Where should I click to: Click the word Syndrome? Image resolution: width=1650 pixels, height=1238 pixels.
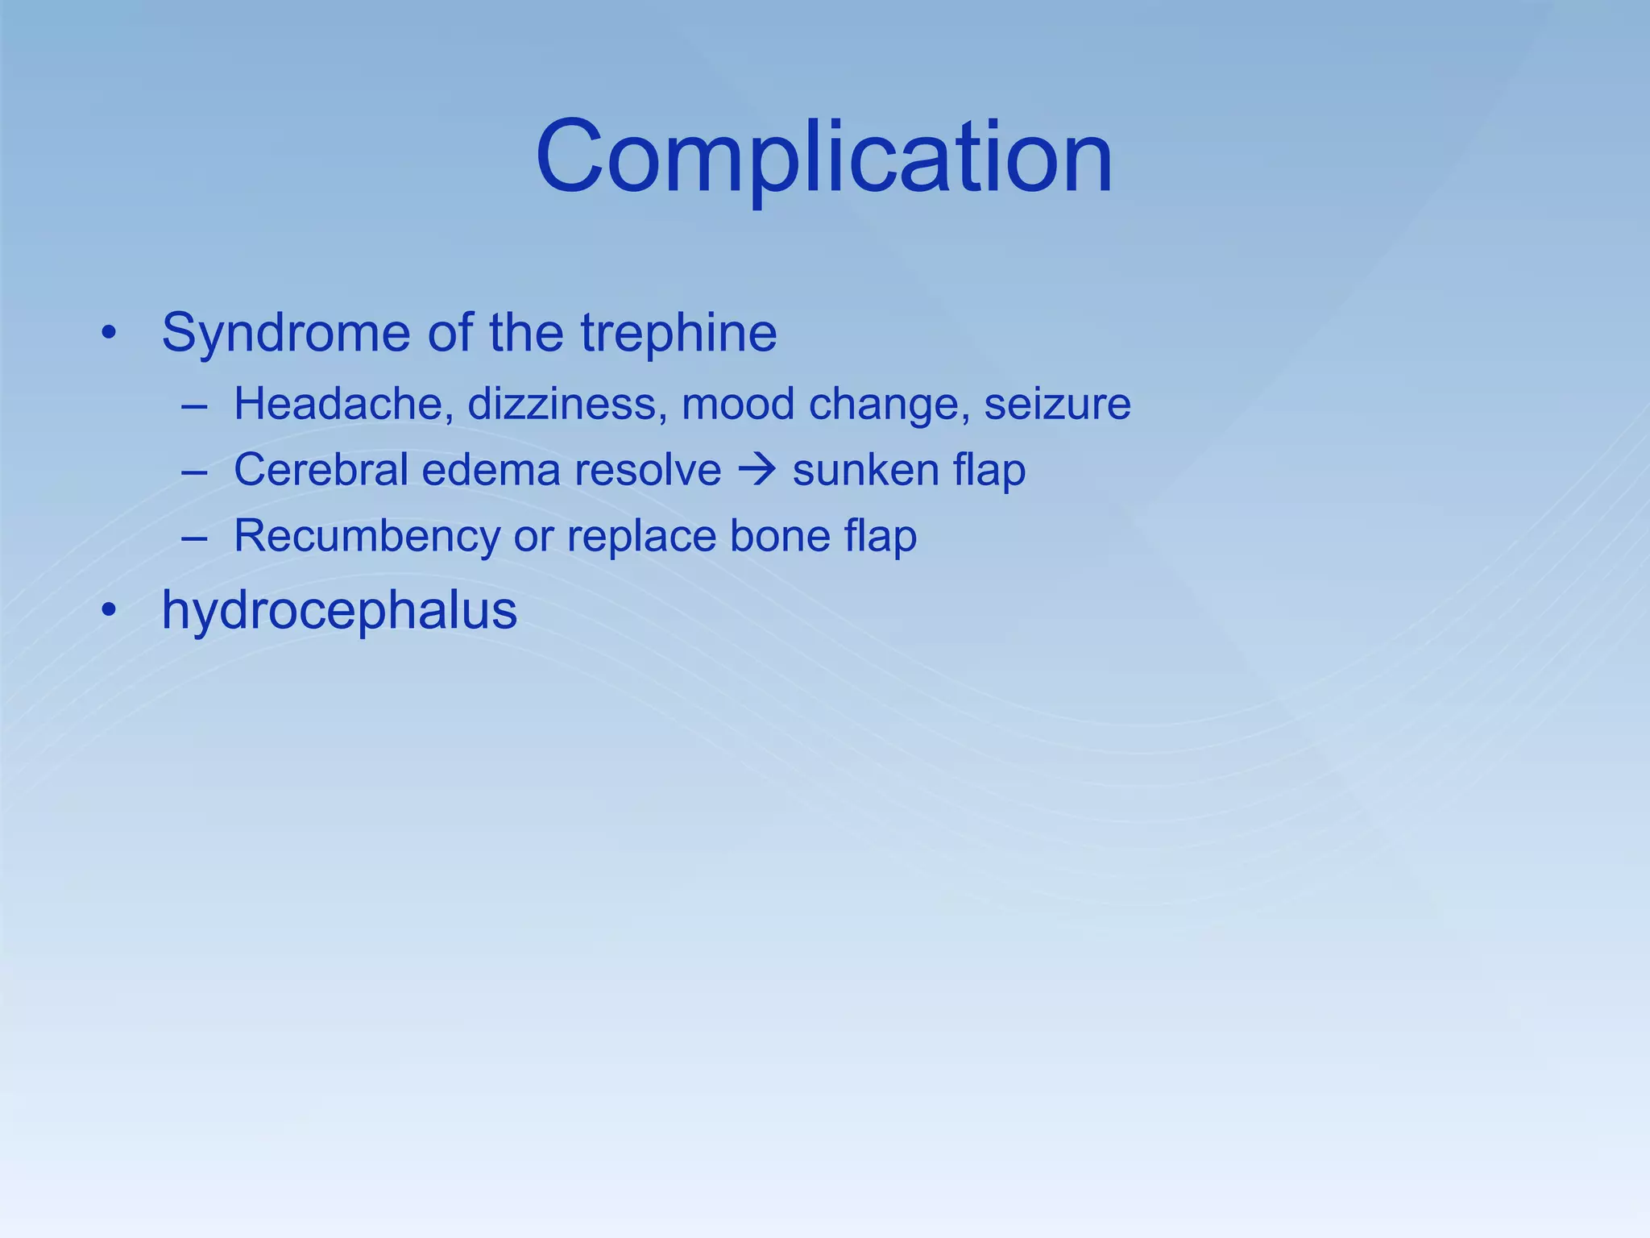(286, 333)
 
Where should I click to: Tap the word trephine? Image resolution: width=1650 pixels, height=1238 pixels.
(678, 333)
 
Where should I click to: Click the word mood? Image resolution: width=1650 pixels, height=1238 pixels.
(738, 404)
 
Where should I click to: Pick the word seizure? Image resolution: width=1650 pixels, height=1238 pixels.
(1057, 404)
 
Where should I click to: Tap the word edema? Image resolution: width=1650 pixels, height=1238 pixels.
(491, 470)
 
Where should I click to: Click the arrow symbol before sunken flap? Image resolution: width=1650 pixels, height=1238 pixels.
(757, 470)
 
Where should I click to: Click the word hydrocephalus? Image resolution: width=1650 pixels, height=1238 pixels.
(339, 611)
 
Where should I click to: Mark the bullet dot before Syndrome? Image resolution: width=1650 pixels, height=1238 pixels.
(109, 333)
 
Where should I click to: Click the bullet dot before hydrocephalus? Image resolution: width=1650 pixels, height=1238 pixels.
(109, 611)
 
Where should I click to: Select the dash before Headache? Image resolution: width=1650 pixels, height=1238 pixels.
(194, 405)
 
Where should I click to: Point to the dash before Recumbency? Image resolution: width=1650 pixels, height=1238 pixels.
(194, 537)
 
